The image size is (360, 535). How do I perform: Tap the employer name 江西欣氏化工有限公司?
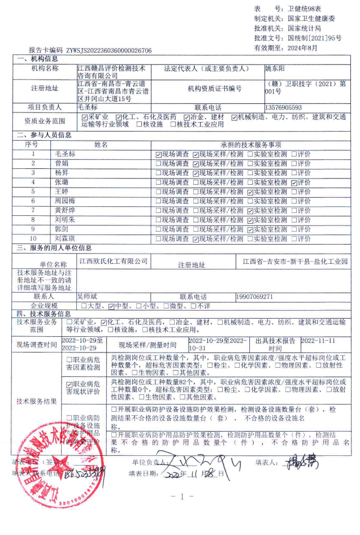(114, 262)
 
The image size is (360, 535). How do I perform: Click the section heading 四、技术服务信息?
(44, 314)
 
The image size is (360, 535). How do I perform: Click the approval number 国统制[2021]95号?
(315, 38)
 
